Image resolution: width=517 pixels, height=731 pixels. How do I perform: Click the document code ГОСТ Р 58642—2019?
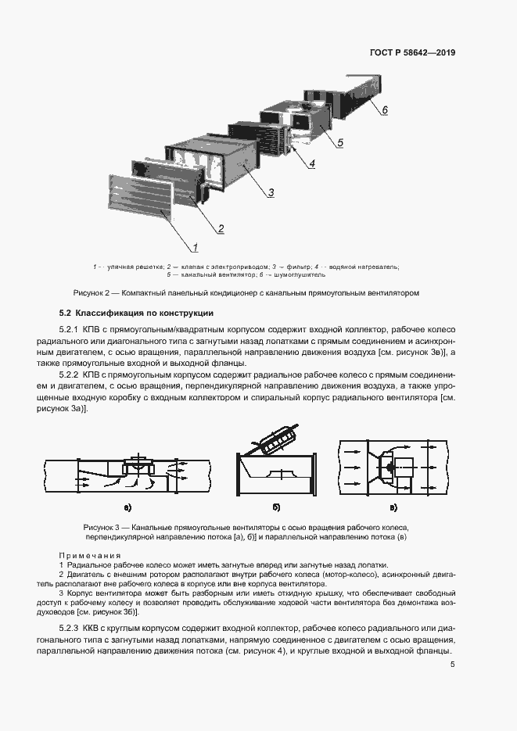[x=411, y=53]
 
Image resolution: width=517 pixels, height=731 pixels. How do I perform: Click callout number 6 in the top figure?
[x=385, y=110]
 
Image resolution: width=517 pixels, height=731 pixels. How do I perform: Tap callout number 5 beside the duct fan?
[x=340, y=142]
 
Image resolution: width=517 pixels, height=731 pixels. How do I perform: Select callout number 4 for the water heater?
[x=311, y=164]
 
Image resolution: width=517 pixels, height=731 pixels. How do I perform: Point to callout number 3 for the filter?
[x=270, y=192]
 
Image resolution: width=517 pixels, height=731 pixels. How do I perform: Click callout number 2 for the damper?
[x=221, y=228]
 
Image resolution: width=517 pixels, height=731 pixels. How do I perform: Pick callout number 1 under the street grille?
[x=195, y=249]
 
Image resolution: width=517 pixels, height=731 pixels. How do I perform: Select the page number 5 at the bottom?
[x=452, y=665]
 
